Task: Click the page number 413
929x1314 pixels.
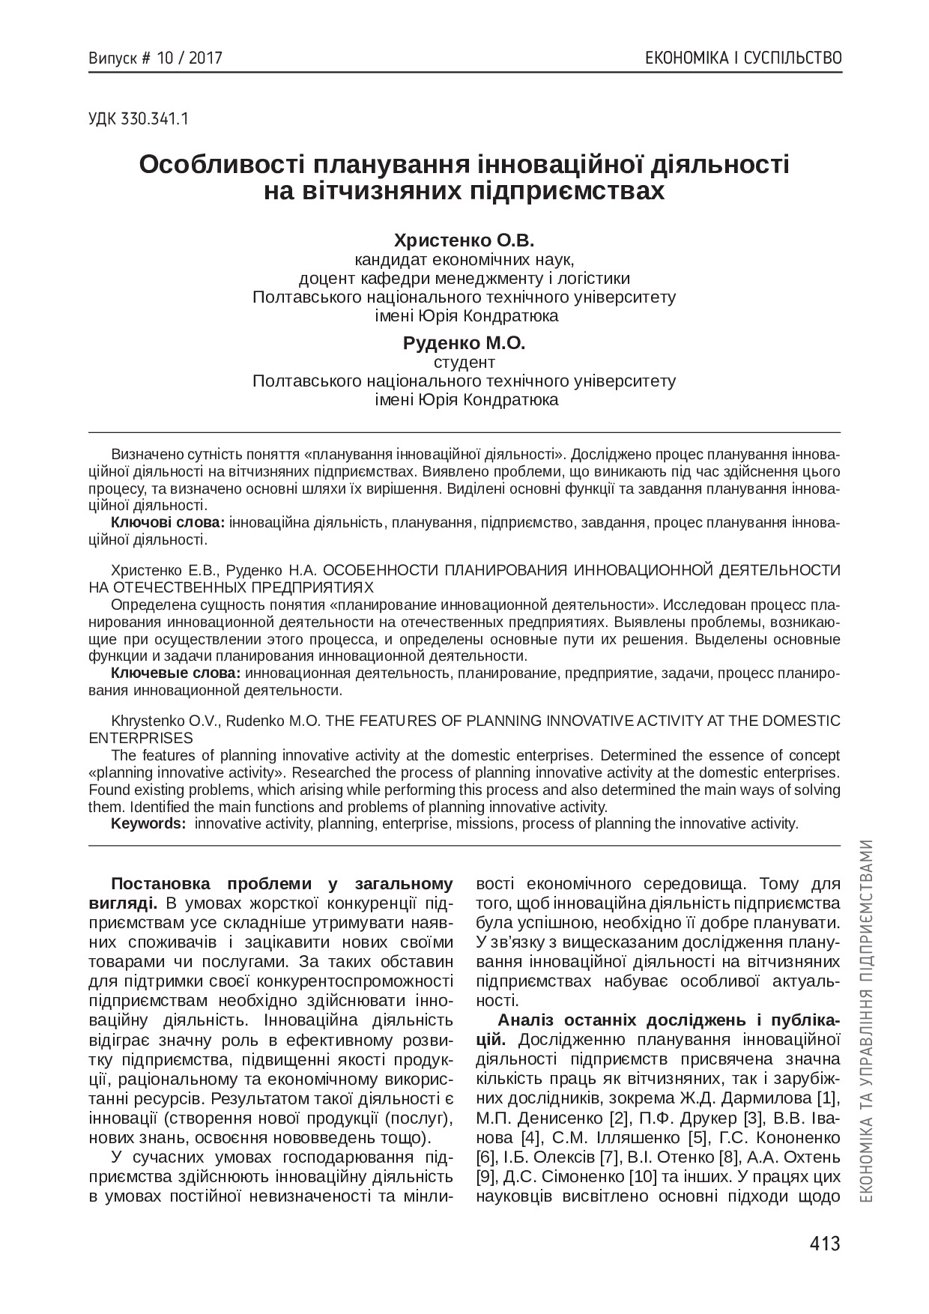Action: pyautogui.click(x=825, y=1244)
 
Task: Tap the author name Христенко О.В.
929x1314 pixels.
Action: pyautogui.click(x=464, y=240)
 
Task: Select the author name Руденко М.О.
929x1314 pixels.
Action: pyautogui.click(x=464, y=343)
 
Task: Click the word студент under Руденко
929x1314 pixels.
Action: pyautogui.click(x=464, y=363)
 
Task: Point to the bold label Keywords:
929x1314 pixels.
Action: pyautogui.click(x=148, y=824)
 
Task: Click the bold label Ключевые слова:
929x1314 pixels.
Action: pyautogui.click(x=175, y=673)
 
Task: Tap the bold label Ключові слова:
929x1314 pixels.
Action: pyautogui.click(x=168, y=521)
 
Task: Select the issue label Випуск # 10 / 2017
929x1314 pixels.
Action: pyautogui.click(x=155, y=58)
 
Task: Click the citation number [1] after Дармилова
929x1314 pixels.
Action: pyautogui.click(x=828, y=1099)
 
